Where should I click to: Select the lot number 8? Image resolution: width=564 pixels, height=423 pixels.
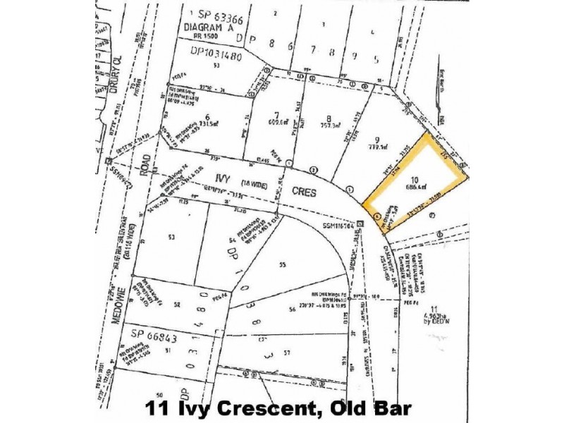pyautogui.click(x=328, y=118)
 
